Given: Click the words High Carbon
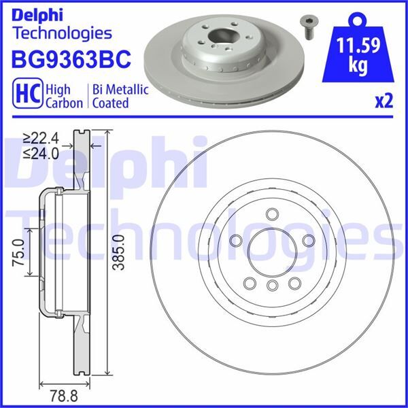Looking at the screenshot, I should (x=64, y=95).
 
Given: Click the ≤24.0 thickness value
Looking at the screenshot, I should (x=41, y=153).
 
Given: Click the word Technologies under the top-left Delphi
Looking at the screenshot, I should (x=62, y=32).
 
